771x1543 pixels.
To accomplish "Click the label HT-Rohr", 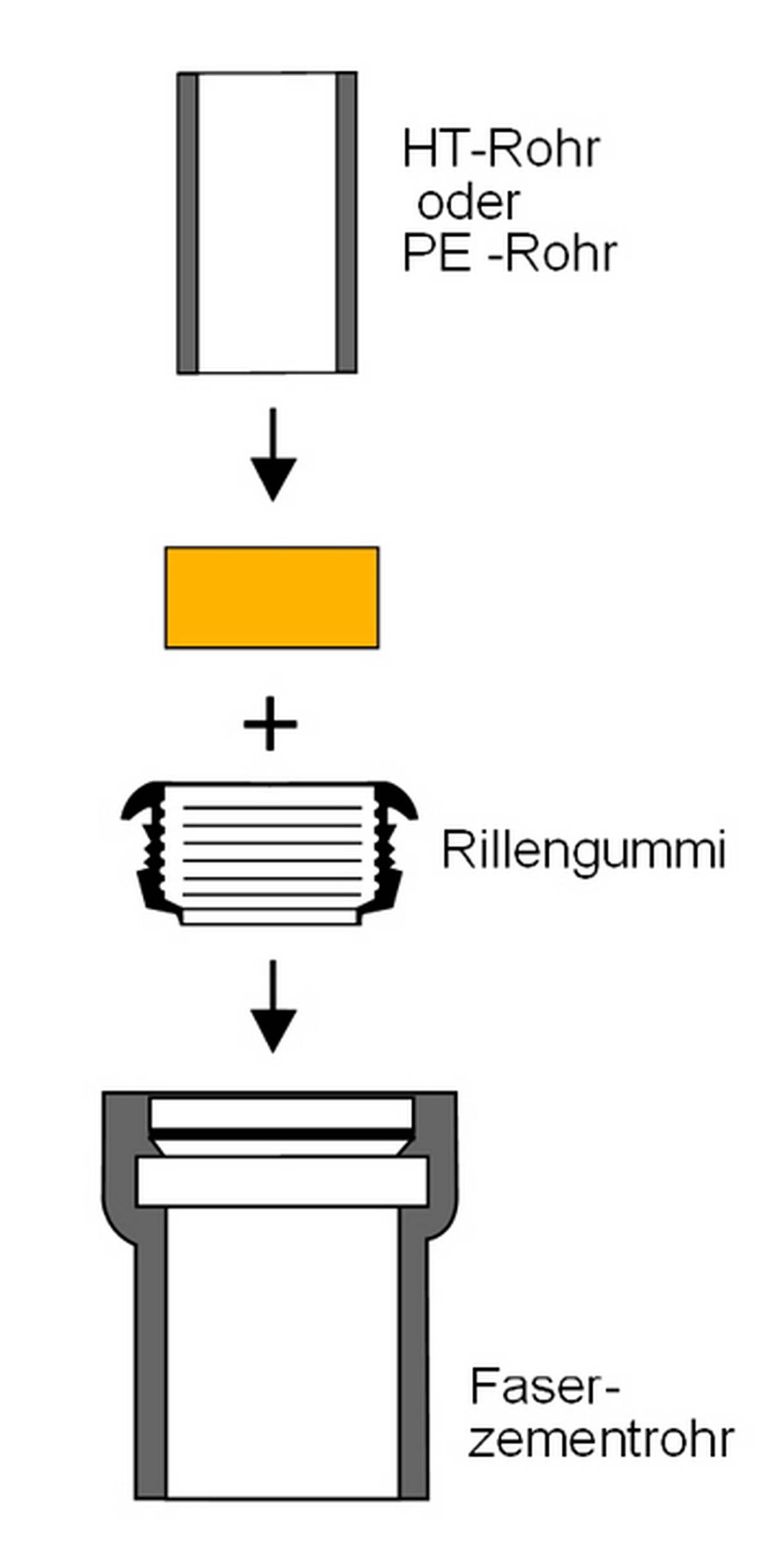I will (501, 150).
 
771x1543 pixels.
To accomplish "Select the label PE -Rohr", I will (510, 254).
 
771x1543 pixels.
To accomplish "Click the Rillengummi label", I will (583, 850).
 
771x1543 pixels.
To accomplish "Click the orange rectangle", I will (272, 597).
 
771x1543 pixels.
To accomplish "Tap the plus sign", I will (270, 724).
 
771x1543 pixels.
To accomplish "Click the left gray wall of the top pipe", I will (188, 222).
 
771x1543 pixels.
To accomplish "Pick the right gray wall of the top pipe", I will (347, 222).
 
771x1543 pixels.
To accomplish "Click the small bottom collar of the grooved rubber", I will (270, 917).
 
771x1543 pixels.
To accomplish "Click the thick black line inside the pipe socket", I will (281, 1135).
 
